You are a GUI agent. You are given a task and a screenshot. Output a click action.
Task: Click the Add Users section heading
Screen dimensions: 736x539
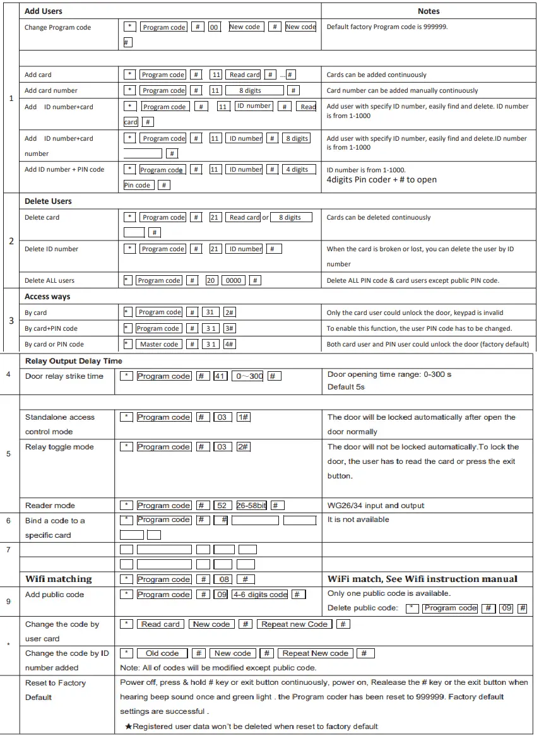pyautogui.click(x=43, y=11)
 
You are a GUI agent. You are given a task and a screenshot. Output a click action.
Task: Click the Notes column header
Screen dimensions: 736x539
pyautogui.click(x=429, y=11)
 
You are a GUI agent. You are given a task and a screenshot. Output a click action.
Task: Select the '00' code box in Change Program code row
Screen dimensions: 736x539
pyautogui.click(x=215, y=27)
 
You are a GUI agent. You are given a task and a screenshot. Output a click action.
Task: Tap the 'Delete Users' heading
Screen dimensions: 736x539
pyautogui.click(x=48, y=201)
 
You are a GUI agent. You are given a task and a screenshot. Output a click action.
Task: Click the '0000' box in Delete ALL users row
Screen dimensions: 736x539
pyautogui.click(x=234, y=280)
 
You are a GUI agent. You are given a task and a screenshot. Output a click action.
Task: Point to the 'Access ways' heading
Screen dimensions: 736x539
pyautogui.click(x=47, y=297)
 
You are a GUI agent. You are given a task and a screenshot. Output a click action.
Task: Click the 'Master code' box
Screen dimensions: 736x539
pyautogui.click(x=159, y=344)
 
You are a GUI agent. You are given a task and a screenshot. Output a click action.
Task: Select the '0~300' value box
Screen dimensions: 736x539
pyautogui.click(x=247, y=376)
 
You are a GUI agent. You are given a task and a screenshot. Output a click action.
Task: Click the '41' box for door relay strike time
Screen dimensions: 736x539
pyautogui.click(x=220, y=376)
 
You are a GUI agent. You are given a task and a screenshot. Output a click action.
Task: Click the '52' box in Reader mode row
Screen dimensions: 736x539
pyautogui.click(x=222, y=506)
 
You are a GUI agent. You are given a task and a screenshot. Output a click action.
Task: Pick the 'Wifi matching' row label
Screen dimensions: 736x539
pyautogui.click(x=58, y=579)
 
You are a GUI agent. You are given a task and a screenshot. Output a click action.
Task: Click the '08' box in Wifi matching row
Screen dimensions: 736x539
pyautogui.click(x=223, y=579)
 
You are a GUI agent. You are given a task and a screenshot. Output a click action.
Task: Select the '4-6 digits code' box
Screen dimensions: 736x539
pyautogui.click(x=260, y=595)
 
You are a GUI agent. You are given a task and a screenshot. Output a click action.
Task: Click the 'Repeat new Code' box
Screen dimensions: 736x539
pyautogui.click(x=294, y=624)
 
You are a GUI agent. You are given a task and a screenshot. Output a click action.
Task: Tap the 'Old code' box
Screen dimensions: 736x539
pyautogui.click(x=162, y=653)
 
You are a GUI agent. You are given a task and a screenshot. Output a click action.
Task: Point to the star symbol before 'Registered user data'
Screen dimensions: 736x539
pyautogui.click(x=128, y=727)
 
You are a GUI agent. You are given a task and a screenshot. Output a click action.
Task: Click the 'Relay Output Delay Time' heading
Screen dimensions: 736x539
pyautogui.click(x=73, y=361)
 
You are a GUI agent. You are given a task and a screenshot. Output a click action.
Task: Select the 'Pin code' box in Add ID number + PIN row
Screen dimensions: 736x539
pyautogui.click(x=138, y=185)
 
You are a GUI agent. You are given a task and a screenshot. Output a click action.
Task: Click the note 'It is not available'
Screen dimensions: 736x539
pyautogui.click(x=358, y=519)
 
